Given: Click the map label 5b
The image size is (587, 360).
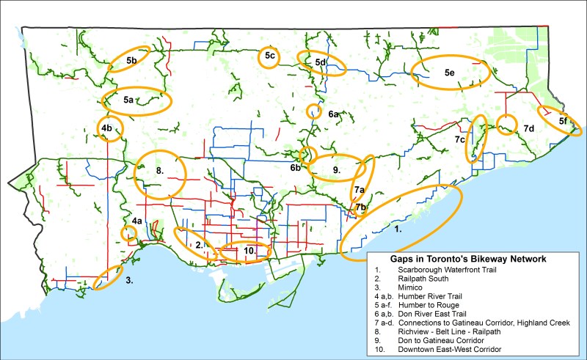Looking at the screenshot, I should pyautogui.click(x=132, y=60).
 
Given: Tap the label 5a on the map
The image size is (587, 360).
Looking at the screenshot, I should pyautogui.click(x=128, y=100).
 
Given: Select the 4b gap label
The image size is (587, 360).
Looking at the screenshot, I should pyautogui.click(x=106, y=129).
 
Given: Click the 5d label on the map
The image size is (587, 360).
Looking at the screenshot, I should pyautogui.click(x=320, y=63).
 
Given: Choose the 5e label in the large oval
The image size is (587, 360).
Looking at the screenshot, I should pyautogui.click(x=450, y=73).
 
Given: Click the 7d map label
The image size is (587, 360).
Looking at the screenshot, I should pyautogui.click(x=529, y=129).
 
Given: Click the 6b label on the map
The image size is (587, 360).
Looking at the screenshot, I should pyautogui.click(x=296, y=168).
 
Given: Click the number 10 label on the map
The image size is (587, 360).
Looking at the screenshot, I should pyautogui.click(x=249, y=251).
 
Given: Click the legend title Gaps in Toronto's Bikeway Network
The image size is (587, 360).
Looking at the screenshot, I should pyautogui.click(x=475, y=260).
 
